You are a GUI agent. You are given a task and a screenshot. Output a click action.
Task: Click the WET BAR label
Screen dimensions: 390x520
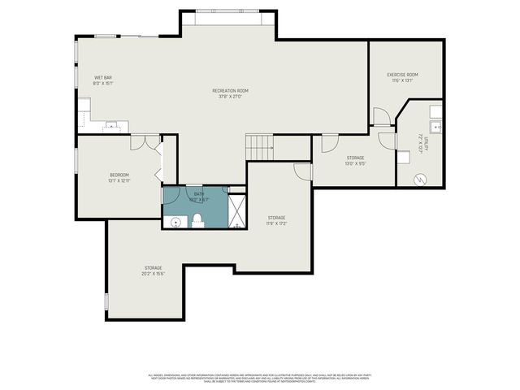coord(102,77)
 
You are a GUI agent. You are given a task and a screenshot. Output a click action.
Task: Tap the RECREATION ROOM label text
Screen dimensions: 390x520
coord(230,90)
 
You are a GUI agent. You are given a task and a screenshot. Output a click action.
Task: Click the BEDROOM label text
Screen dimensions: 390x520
coord(119,175)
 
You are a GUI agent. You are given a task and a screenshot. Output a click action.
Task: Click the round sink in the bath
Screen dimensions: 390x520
coord(175,221)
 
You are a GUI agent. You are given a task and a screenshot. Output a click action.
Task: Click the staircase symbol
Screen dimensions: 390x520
coord(258,147)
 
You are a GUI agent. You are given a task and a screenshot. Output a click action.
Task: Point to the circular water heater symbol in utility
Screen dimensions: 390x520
coord(420,180)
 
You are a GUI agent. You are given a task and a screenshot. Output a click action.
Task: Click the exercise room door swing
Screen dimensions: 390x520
coord(380,116)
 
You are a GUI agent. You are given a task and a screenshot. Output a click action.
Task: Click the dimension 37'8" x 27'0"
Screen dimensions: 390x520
coord(230,97)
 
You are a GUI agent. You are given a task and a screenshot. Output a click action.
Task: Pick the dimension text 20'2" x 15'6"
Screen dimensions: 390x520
coord(154,274)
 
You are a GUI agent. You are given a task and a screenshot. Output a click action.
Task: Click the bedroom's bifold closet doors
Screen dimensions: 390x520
coord(163,162)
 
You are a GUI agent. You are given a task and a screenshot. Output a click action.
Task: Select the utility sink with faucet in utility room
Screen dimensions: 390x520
coord(436,126)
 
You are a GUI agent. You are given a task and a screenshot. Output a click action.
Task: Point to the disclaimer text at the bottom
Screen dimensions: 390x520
coord(260,377)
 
